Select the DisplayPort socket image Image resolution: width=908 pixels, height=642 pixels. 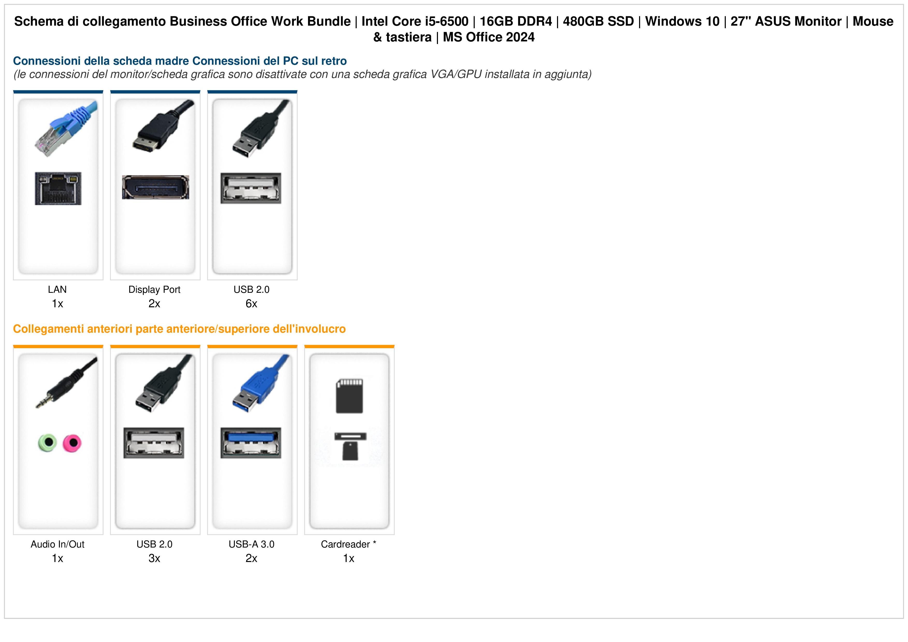(155, 187)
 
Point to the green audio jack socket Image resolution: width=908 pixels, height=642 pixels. (47, 443)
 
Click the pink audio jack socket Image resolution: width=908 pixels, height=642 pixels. (72, 443)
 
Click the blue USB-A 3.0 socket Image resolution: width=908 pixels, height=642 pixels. (251, 443)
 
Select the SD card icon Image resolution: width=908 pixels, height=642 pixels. (349, 396)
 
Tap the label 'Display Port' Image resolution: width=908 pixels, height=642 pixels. (154, 290)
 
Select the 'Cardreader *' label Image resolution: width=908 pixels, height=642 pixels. (348, 544)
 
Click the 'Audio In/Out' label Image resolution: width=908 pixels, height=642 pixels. (58, 544)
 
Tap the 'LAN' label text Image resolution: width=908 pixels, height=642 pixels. (57, 290)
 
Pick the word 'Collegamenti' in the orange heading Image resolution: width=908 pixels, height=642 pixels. (49, 329)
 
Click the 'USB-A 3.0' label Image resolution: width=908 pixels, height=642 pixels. (252, 544)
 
